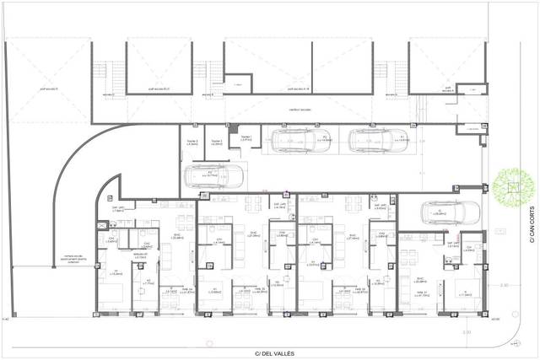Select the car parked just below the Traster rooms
point(213,176)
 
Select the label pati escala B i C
point(160,88)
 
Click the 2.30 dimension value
point(504,286)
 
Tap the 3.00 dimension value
point(467,331)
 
